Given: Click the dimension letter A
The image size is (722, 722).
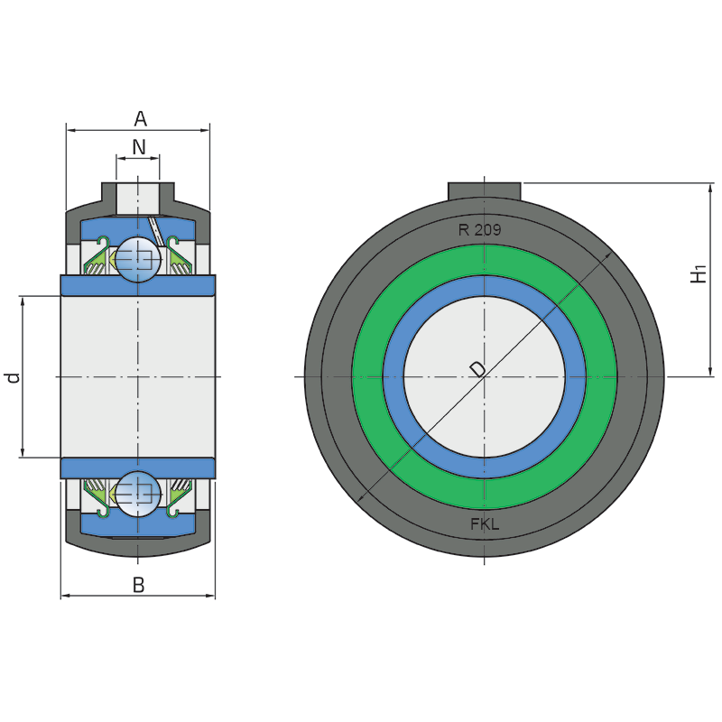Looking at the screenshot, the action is click(x=141, y=119).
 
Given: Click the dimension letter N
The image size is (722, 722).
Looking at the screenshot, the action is click(x=139, y=147).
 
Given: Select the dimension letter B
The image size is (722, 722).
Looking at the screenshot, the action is click(x=139, y=585).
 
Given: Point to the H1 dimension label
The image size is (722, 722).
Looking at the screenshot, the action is click(x=699, y=273).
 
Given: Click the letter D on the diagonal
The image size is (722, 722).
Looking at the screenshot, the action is click(x=477, y=369).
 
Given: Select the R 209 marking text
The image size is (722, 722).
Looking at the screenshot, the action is click(x=479, y=230).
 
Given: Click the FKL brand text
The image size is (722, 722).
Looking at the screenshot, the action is click(x=485, y=524).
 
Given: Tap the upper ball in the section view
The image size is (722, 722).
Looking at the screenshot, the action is click(x=138, y=259).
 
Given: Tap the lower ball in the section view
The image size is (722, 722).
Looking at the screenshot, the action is click(x=138, y=494).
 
